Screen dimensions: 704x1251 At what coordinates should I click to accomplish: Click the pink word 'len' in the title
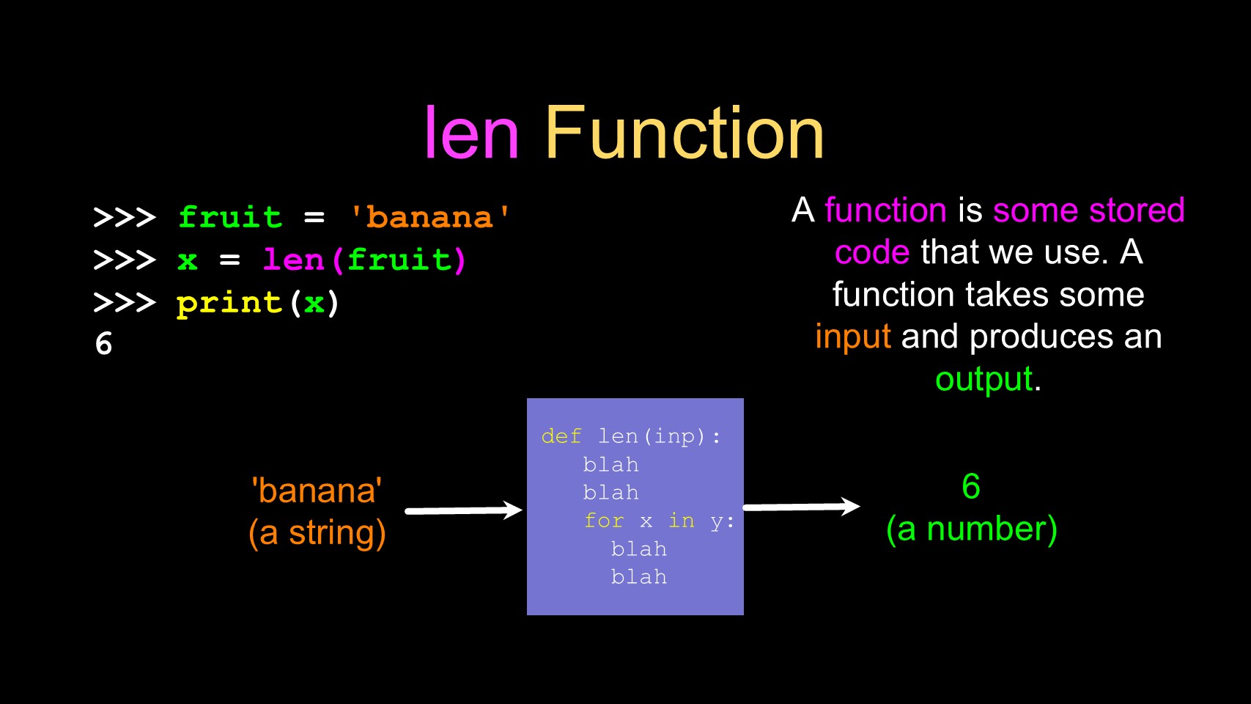pyautogui.click(x=471, y=133)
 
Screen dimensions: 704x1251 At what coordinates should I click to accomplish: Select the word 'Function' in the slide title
pyautogui.click(x=684, y=133)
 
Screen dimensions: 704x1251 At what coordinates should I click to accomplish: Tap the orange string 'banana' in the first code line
pyautogui.click(x=429, y=218)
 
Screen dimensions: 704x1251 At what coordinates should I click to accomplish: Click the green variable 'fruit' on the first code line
pyautogui.click(x=230, y=217)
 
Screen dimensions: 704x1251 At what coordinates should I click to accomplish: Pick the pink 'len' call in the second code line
pyautogui.click(x=293, y=260)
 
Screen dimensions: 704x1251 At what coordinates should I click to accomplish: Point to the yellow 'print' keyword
pyautogui.click(x=229, y=303)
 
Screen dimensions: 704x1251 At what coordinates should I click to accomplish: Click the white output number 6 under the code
pyautogui.click(x=104, y=344)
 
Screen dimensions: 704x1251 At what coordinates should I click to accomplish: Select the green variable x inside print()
pyautogui.click(x=314, y=303)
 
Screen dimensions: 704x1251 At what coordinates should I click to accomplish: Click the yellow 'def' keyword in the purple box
pyautogui.click(x=561, y=436)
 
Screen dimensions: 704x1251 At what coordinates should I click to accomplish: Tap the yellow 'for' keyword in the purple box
pyautogui.click(x=603, y=521)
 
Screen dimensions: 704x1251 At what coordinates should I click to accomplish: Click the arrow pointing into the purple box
pyautogui.click(x=463, y=510)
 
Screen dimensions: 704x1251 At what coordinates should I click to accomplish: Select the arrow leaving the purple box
pyautogui.click(x=801, y=507)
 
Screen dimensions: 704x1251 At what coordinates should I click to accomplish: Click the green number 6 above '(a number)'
pyautogui.click(x=971, y=486)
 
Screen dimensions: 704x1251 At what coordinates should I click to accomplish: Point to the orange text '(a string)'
pyautogui.click(x=317, y=533)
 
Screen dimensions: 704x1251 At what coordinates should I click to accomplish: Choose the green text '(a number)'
pyautogui.click(x=971, y=529)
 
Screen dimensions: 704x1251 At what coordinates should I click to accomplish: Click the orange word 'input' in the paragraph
pyautogui.click(x=853, y=337)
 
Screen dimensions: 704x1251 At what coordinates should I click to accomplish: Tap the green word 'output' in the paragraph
pyautogui.click(x=984, y=380)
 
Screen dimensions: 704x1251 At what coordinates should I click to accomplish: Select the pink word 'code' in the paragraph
pyautogui.click(x=872, y=252)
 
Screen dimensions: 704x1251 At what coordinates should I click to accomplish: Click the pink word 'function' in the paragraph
pyautogui.click(x=885, y=210)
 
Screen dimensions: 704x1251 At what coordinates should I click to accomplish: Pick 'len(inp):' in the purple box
pyautogui.click(x=659, y=436)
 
